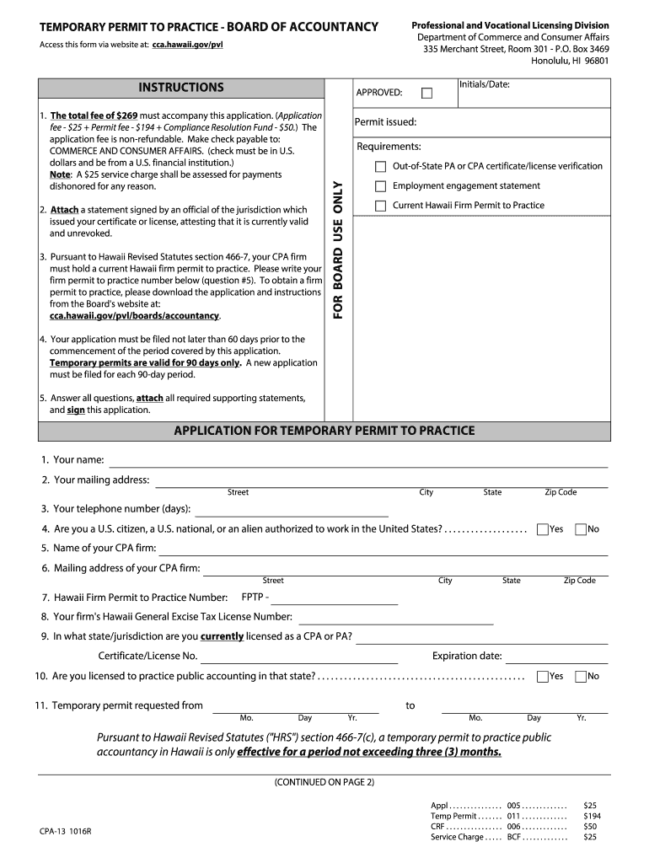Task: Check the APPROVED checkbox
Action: pyautogui.click(x=426, y=93)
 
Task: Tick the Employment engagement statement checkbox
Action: pyautogui.click(x=381, y=186)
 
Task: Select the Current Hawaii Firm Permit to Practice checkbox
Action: pyautogui.click(x=381, y=206)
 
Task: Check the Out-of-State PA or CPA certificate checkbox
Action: pyautogui.click(x=381, y=167)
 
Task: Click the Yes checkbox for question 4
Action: pyautogui.click(x=542, y=529)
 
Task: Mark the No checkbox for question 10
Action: pyautogui.click(x=581, y=676)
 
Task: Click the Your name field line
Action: pyautogui.click(x=358, y=462)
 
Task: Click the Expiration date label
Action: pyautogui.click(x=467, y=657)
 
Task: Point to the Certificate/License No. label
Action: pyautogui.click(x=147, y=657)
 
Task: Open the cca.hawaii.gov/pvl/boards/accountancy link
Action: pyautogui.click(x=135, y=316)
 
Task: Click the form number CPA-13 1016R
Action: pyautogui.click(x=65, y=831)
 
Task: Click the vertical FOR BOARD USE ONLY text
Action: pyautogui.click(x=337, y=251)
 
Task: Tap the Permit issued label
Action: pyautogui.click(x=385, y=122)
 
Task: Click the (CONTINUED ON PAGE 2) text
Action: pyautogui.click(x=324, y=782)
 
